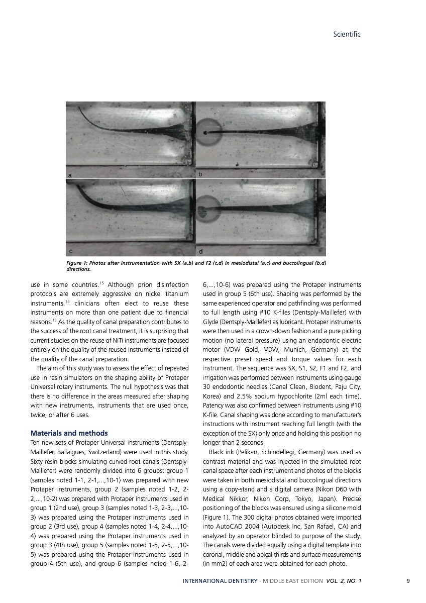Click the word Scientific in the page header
tap(347, 34)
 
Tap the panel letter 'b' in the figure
tap(200, 174)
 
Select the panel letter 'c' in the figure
tap(71, 250)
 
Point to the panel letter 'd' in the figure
tap(201, 250)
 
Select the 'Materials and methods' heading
tap(69, 433)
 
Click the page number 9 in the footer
tap(408, 581)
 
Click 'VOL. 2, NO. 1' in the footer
tap(344, 581)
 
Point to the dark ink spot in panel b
tap(205, 132)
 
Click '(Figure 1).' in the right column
tap(216, 517)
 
